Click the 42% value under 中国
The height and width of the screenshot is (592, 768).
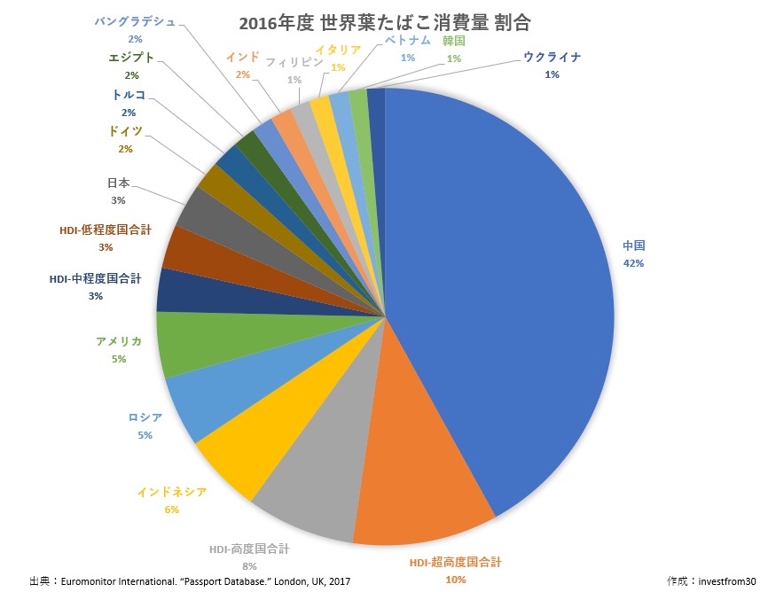[632, 263]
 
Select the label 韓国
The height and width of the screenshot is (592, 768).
[453, 41]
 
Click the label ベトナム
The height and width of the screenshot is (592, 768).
[408, 41]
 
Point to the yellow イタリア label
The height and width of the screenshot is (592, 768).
[338, 51]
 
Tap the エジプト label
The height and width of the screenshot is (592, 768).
[130, 58]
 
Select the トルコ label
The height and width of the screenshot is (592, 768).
[129, 95]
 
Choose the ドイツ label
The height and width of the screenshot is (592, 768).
[125, 131]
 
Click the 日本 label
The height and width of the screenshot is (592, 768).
[118, 183]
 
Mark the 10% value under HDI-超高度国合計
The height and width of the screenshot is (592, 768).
[456, 579]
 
